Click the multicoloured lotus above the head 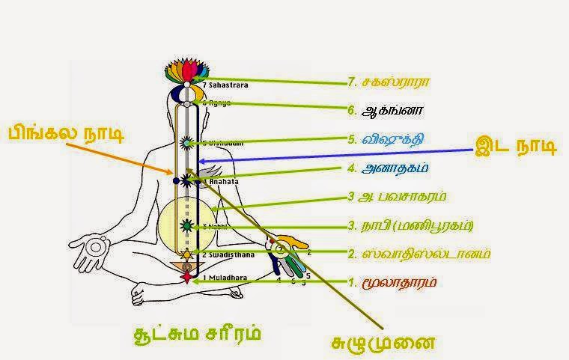coord(185,74)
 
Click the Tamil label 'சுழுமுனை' coord(383,344)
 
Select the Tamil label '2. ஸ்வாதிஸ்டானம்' coord(419,253)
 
